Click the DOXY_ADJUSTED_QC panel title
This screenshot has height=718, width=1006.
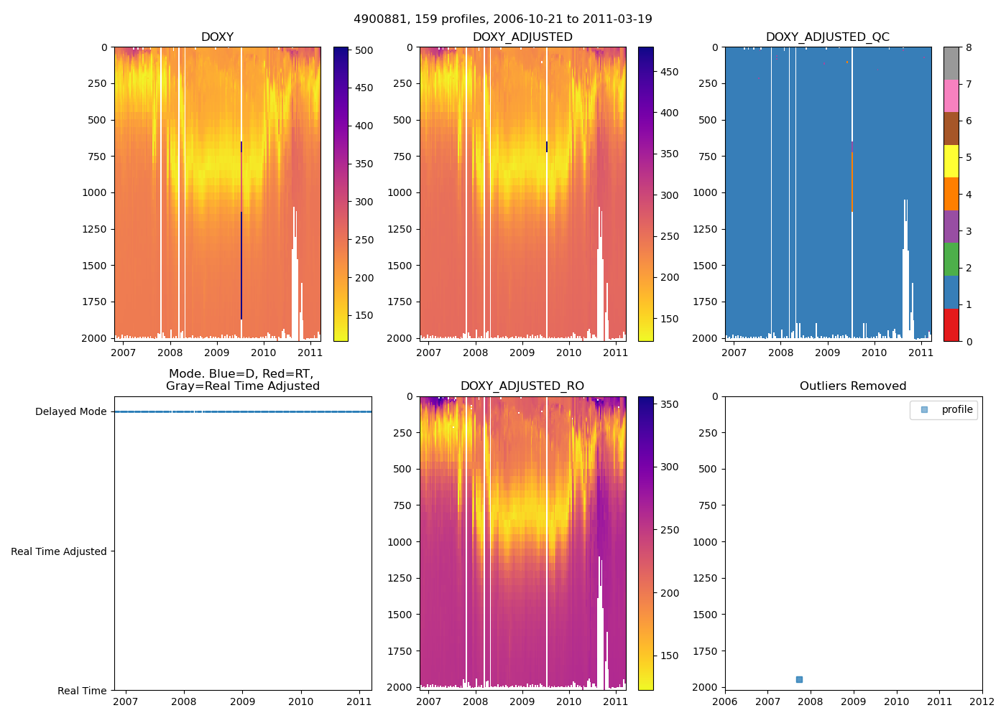[x=828, y=37]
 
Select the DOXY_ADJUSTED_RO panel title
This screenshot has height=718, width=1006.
[x=522, y=386]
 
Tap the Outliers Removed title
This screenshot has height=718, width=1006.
[x=853, y=386]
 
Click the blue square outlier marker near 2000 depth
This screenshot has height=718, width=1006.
[x=799, y=679]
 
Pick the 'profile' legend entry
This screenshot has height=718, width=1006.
[x=956, y=410]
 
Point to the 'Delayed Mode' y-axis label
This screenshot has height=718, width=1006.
[x=70, y=411]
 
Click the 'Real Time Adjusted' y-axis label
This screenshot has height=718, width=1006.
[x=59, y=551]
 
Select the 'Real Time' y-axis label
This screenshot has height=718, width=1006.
[x=82, y=691]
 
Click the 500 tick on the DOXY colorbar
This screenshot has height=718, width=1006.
[x=364, y=50]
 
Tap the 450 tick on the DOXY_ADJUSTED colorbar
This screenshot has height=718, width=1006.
[x=669, y=72]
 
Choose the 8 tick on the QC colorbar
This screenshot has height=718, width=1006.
[x=969, y=47]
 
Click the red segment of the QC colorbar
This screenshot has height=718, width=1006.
[x=951, y=325]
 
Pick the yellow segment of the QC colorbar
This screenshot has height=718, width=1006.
[x=951, y=162]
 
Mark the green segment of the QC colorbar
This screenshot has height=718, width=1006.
[x=951, y=259]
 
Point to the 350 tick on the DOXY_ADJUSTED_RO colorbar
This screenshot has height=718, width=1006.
[x=669, y=404]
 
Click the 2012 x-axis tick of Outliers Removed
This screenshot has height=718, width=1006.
[x=982, y=701]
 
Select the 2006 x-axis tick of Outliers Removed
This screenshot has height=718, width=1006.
[x=725, y=701]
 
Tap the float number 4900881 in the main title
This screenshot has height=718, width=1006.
[x=378, y=19]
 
